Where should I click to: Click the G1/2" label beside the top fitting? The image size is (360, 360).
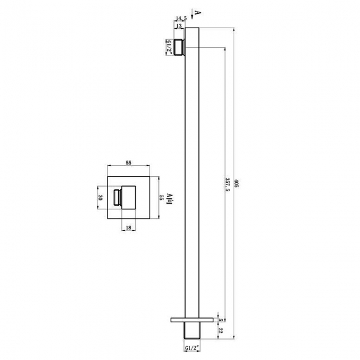[x=168, y=47]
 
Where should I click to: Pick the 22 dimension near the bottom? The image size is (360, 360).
[x=221, y=331]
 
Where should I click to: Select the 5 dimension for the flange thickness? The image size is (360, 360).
[x=221, y=320]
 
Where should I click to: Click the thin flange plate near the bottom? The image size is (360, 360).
[x=192, y=320]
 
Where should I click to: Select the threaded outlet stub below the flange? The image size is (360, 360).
[x=192, y=331]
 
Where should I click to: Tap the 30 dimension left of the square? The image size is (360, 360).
[x=101, y=198]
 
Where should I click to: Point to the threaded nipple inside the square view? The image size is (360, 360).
[x=117, y=198]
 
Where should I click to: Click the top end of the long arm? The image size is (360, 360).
[x=192, y=29]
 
